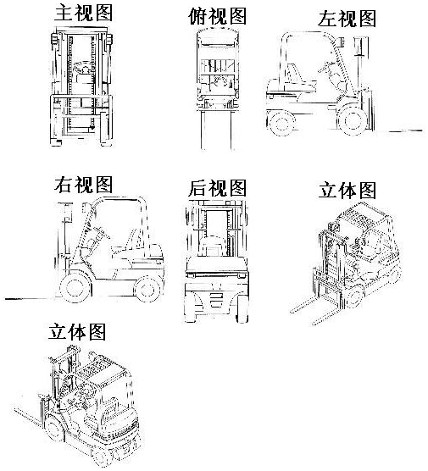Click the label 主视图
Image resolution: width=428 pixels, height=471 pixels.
[83, 14]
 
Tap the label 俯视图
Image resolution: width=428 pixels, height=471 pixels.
[217, 16]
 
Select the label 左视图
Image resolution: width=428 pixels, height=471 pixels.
[347, 19]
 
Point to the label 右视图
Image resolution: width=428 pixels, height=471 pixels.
[83, 185]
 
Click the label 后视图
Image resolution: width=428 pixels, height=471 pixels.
[217, 188]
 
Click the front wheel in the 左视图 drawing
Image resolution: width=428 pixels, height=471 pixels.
[353, 120]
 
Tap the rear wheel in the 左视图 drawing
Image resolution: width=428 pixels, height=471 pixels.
[281, 123]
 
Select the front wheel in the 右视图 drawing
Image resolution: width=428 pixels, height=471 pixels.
[75, 287]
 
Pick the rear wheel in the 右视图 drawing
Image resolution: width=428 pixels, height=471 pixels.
[147, 289]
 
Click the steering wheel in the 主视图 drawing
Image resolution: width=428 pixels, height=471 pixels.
[81, 67]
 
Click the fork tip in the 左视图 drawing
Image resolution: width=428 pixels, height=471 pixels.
[422, 130]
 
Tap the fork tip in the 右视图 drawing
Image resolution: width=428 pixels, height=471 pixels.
[6, 299]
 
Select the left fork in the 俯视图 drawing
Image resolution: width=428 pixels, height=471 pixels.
[203, 130]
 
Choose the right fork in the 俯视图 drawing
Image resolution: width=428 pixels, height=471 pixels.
[231, 130]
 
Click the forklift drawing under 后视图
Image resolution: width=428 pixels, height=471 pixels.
[217, 261]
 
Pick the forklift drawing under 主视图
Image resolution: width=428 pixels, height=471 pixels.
[81, 86]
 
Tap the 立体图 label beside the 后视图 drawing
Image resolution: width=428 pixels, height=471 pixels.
[347, 191]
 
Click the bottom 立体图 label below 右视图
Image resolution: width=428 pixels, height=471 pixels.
[77, 331]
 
